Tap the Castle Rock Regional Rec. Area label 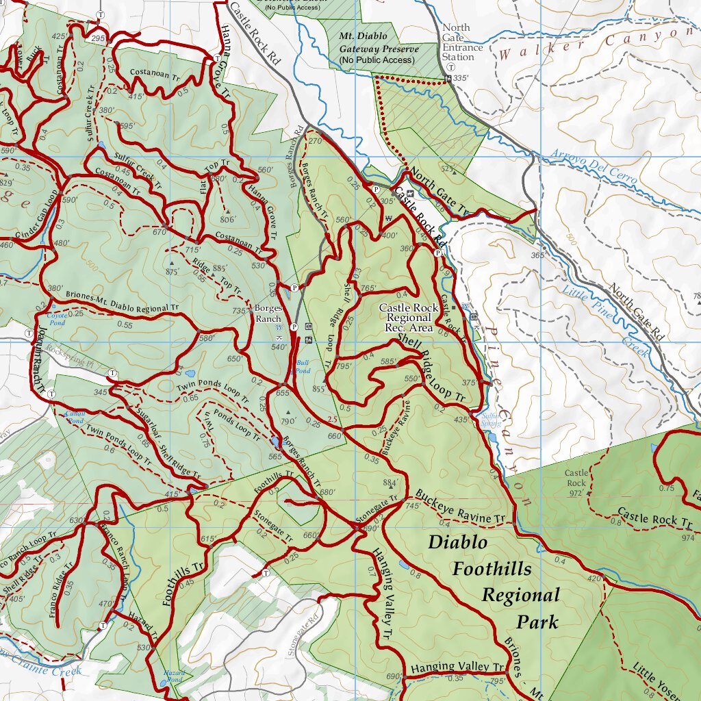(409, 318)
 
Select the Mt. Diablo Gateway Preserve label (377, 48)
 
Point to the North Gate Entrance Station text (462, 42)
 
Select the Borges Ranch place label (268, 314)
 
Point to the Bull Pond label (303, 366)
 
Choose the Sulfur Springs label (490, 419)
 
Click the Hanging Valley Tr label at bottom (457, 667)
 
